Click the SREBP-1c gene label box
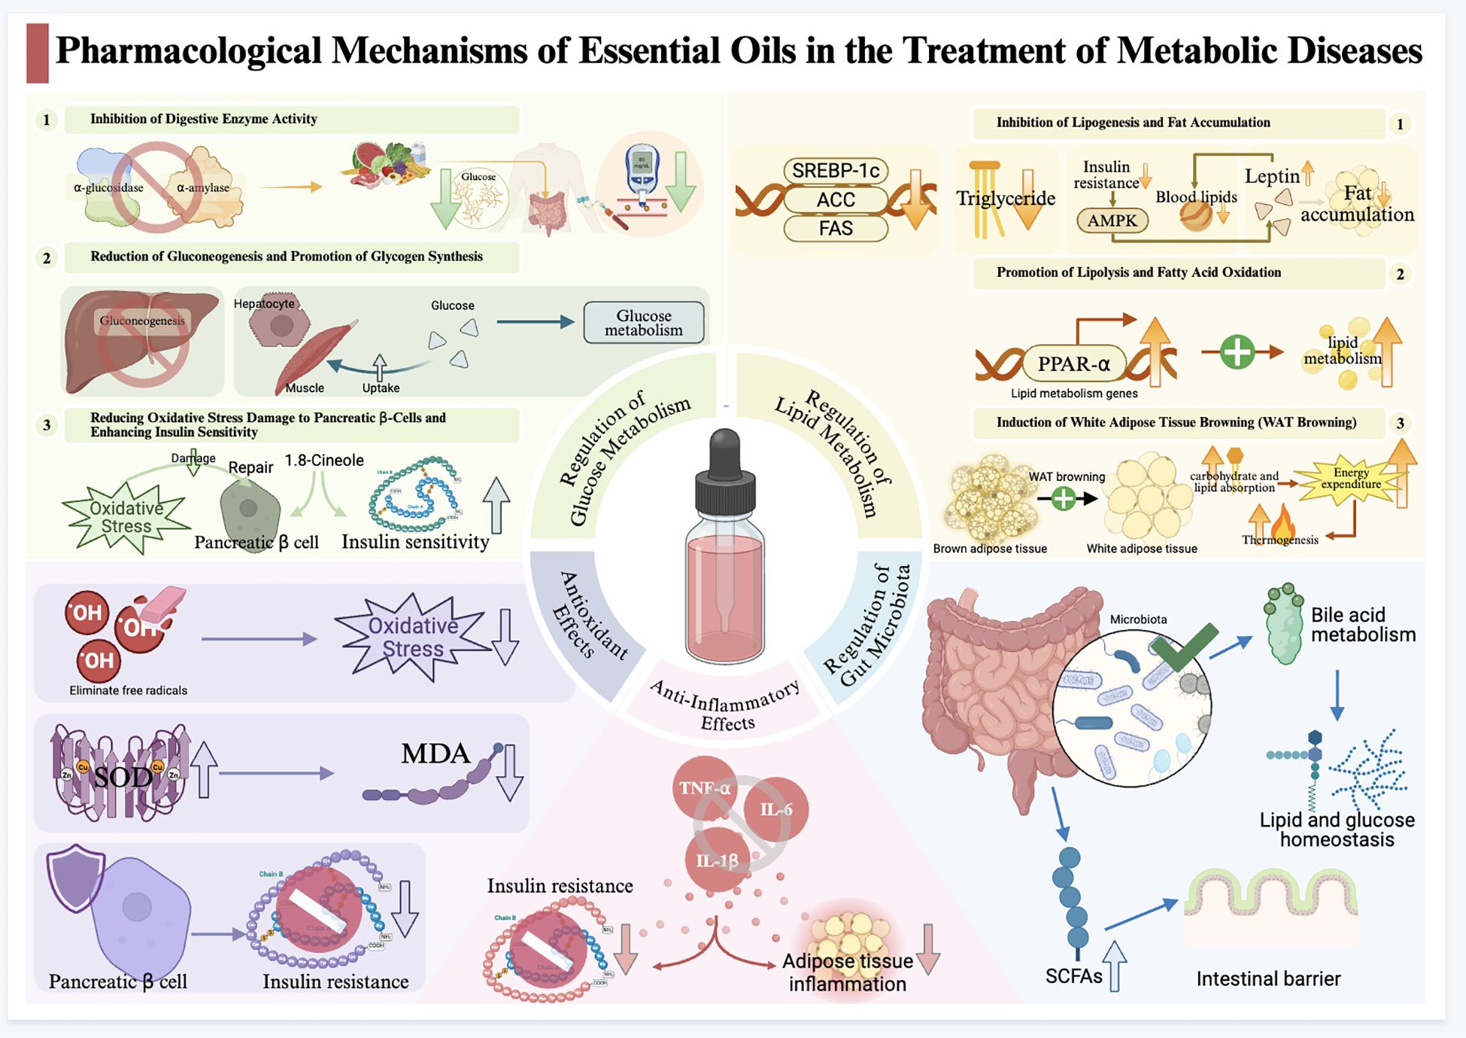(836, 171)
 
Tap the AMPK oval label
(1112, 221)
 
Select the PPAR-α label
(1073, 364)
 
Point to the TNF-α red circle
(703, 788)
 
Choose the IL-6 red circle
(776, 809)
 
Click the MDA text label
(435, 753)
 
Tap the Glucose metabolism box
(644, 323)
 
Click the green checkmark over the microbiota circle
(1183, 645)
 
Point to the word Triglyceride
(1006, 198)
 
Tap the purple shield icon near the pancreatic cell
(75, 877)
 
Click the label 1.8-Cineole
(324, 460)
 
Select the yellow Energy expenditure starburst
(1351, 479)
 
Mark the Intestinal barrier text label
(1268, 979)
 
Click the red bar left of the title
(38, 53)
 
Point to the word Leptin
(1272, 176)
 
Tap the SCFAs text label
(1073, 976)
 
